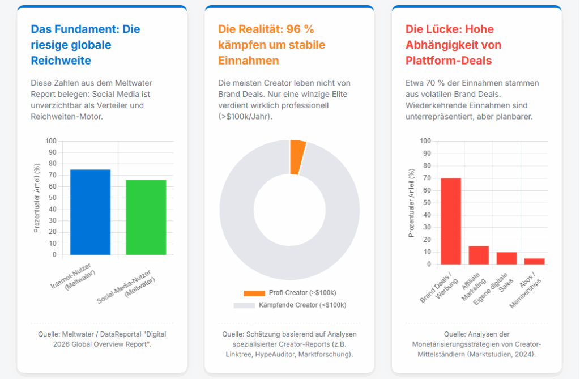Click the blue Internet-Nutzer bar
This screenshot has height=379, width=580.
[90, 212]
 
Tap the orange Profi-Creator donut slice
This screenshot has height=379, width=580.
[298, 157]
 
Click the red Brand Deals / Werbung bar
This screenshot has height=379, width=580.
[451, 221]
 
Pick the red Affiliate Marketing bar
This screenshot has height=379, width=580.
[479, 255]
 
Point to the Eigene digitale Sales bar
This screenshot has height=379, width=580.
[506, 258]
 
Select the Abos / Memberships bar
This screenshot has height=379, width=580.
[534, 261]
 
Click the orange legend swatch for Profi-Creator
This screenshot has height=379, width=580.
[254, 293]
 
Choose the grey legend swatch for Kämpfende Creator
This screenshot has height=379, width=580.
[245, 305]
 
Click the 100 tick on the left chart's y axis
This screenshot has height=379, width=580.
[51, 141]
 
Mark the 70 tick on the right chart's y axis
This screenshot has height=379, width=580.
[426, 178]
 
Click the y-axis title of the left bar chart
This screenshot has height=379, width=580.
[37, 198]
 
